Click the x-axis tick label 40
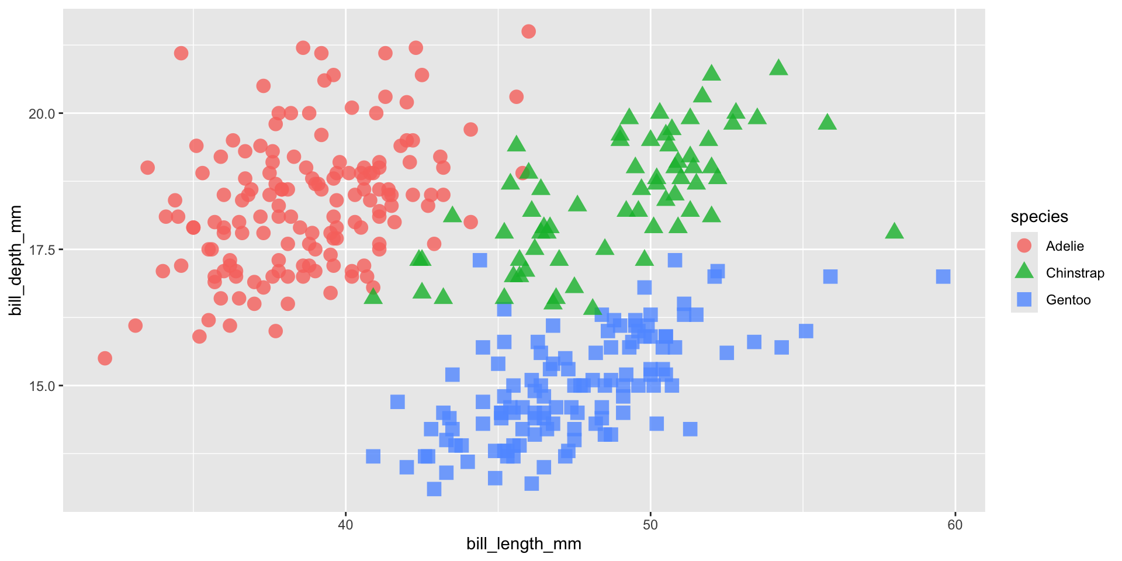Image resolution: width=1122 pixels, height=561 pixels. tap(345, 525)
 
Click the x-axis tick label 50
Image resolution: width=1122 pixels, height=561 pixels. tap(650, 525)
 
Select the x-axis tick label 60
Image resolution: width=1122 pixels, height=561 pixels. tap(955, 525)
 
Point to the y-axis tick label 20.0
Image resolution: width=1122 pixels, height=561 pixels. tap(41, 113)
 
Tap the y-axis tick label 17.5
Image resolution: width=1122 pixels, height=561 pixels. tap(41, 250)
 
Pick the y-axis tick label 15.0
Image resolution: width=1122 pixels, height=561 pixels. tap(41, 386)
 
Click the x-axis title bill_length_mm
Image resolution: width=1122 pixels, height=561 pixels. tap(524, 544)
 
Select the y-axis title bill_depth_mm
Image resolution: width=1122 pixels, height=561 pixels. tap(16, 261)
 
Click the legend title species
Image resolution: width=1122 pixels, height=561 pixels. tap(1039, 217)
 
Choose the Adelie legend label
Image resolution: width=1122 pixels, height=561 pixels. tap(1065, 246)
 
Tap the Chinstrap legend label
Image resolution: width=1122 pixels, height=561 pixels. tap(1075, 273)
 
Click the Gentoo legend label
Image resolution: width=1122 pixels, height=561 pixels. tap(1068, 300)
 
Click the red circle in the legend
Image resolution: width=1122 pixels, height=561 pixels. tap(1024, 245)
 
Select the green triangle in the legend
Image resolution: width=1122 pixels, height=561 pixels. tap(1024, 272)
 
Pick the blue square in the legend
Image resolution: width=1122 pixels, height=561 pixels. tap(1024, 299)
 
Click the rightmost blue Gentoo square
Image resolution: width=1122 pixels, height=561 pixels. tap(943, 276)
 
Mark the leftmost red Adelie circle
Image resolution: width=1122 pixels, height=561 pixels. tap(105, 358)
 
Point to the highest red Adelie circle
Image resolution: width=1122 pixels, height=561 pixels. tap(528, 32)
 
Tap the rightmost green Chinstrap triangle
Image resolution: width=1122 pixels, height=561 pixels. tap(894, 231)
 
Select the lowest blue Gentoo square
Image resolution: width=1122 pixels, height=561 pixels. tap(434, 489)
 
